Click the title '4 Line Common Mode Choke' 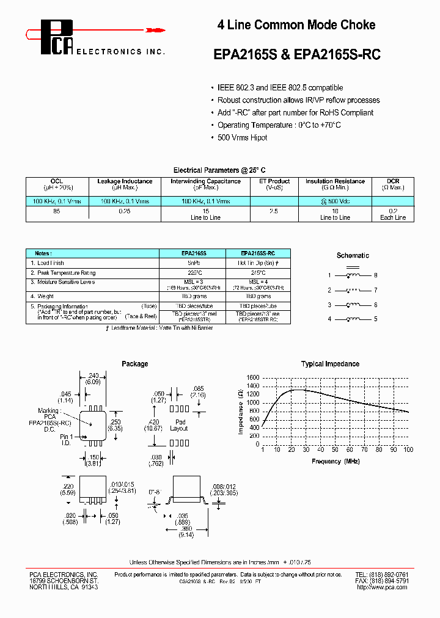(x=296, y=25)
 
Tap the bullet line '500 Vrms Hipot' (x=243, y=137)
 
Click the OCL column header (x=57, y=181)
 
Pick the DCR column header (x=393, y=181)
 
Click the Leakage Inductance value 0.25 (x=125, y=211)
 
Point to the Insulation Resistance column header (x=335, y=181)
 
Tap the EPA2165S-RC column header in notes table (x=257, y=253)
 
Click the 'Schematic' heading (x=353, y=255)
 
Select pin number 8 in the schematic (x=376, y=275)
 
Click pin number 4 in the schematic (x=329, y=319)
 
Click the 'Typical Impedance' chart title (x=330, y=364)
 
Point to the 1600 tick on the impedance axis (x=252, y=377)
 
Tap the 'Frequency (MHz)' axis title (x=335, y=462)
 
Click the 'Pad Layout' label (x=179, y=425)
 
